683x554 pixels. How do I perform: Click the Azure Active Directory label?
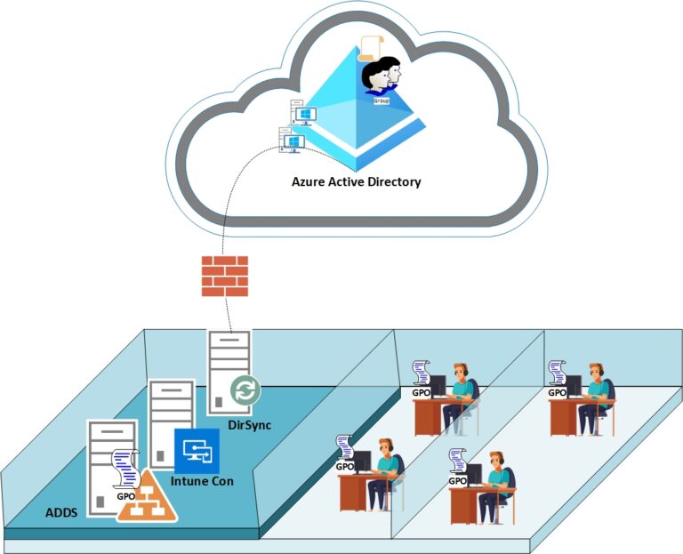pos(356,182)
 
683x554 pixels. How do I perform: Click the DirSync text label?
pos(251,425)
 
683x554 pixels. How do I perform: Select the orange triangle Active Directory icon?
pos(149,497)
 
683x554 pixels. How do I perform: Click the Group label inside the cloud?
pos(382,101)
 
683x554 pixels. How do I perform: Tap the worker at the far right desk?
pos(594,391)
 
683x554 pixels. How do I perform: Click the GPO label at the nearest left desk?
pos(343,466)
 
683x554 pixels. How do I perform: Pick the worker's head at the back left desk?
pos(460,372)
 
